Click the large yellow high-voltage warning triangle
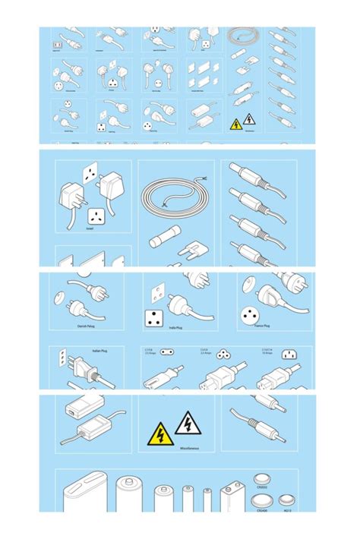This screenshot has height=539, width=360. point(161,435)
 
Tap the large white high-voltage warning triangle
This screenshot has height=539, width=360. point(187,423)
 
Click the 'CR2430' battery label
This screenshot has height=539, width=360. point(260,512)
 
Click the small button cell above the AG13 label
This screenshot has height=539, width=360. point(285,500)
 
